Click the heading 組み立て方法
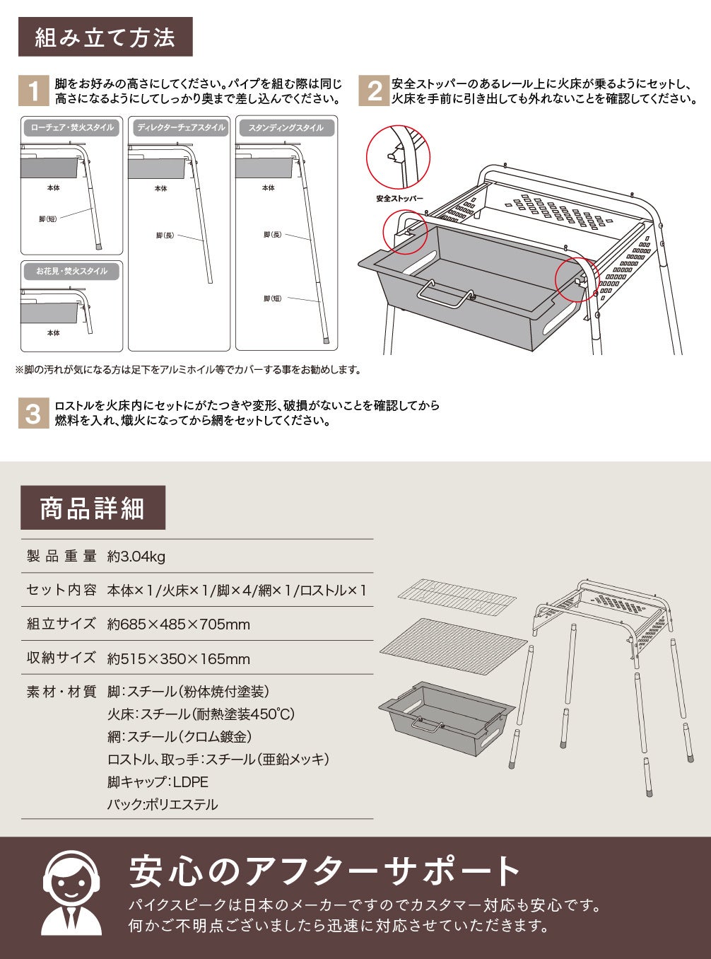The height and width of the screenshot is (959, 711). pos(105,37)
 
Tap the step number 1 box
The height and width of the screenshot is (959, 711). pos(33,92)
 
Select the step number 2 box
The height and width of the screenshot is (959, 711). pos(374,92)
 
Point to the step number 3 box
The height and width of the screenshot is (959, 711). pos(33,413)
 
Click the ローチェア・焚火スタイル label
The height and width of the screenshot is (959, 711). pos(71,128)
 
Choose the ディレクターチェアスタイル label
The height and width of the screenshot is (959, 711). pos(180,128)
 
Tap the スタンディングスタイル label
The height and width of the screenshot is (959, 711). pos(286,128)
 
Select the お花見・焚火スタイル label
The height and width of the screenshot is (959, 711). pos(71,271)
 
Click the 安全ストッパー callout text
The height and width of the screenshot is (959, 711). pos(399,199)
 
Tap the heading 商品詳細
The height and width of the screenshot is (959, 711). pos(93,508)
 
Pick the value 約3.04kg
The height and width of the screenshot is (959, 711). pos(136,557)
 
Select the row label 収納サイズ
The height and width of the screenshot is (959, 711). pos(61,658)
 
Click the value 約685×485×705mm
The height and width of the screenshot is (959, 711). pos(179,624)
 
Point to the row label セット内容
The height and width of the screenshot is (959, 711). pos(61,590)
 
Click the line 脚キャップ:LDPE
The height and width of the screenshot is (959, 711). pos(158,781)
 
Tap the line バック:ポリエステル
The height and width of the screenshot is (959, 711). pos(163,804)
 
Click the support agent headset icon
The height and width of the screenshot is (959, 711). pos(71,893)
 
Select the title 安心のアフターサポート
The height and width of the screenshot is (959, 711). pos(324,871)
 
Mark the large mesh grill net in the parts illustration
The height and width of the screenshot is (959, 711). pos(454,646)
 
